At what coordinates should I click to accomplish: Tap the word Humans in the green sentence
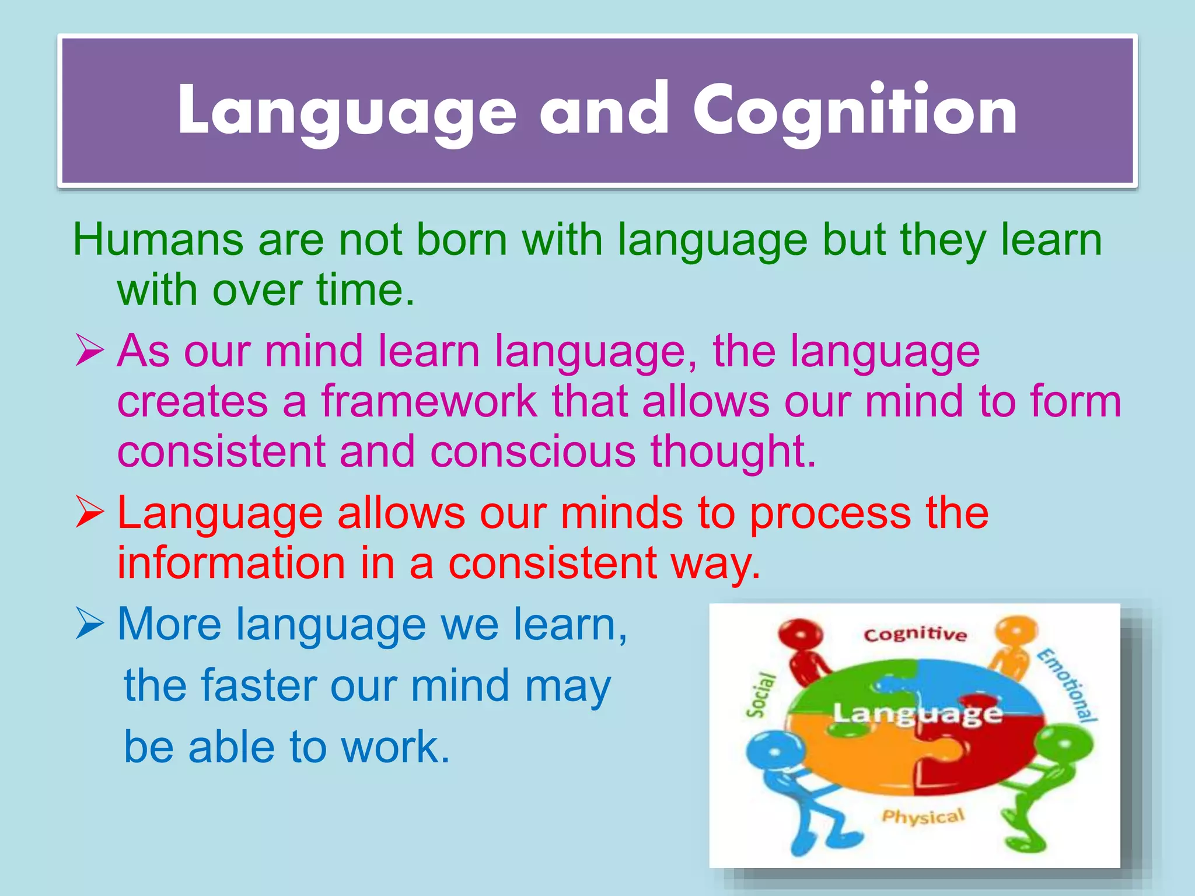158,240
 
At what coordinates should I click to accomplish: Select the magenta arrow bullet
90,352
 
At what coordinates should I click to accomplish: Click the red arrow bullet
90,514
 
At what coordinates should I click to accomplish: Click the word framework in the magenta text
428,401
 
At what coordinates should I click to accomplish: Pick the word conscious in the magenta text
532,452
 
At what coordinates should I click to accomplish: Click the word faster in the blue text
258,686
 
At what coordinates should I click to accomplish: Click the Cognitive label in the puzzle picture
914,635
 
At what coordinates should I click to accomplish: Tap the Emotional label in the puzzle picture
1067,685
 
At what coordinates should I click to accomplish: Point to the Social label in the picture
761,694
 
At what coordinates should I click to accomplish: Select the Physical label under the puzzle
923,817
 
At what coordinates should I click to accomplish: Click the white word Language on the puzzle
917,713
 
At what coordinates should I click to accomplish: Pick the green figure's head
1063,747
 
